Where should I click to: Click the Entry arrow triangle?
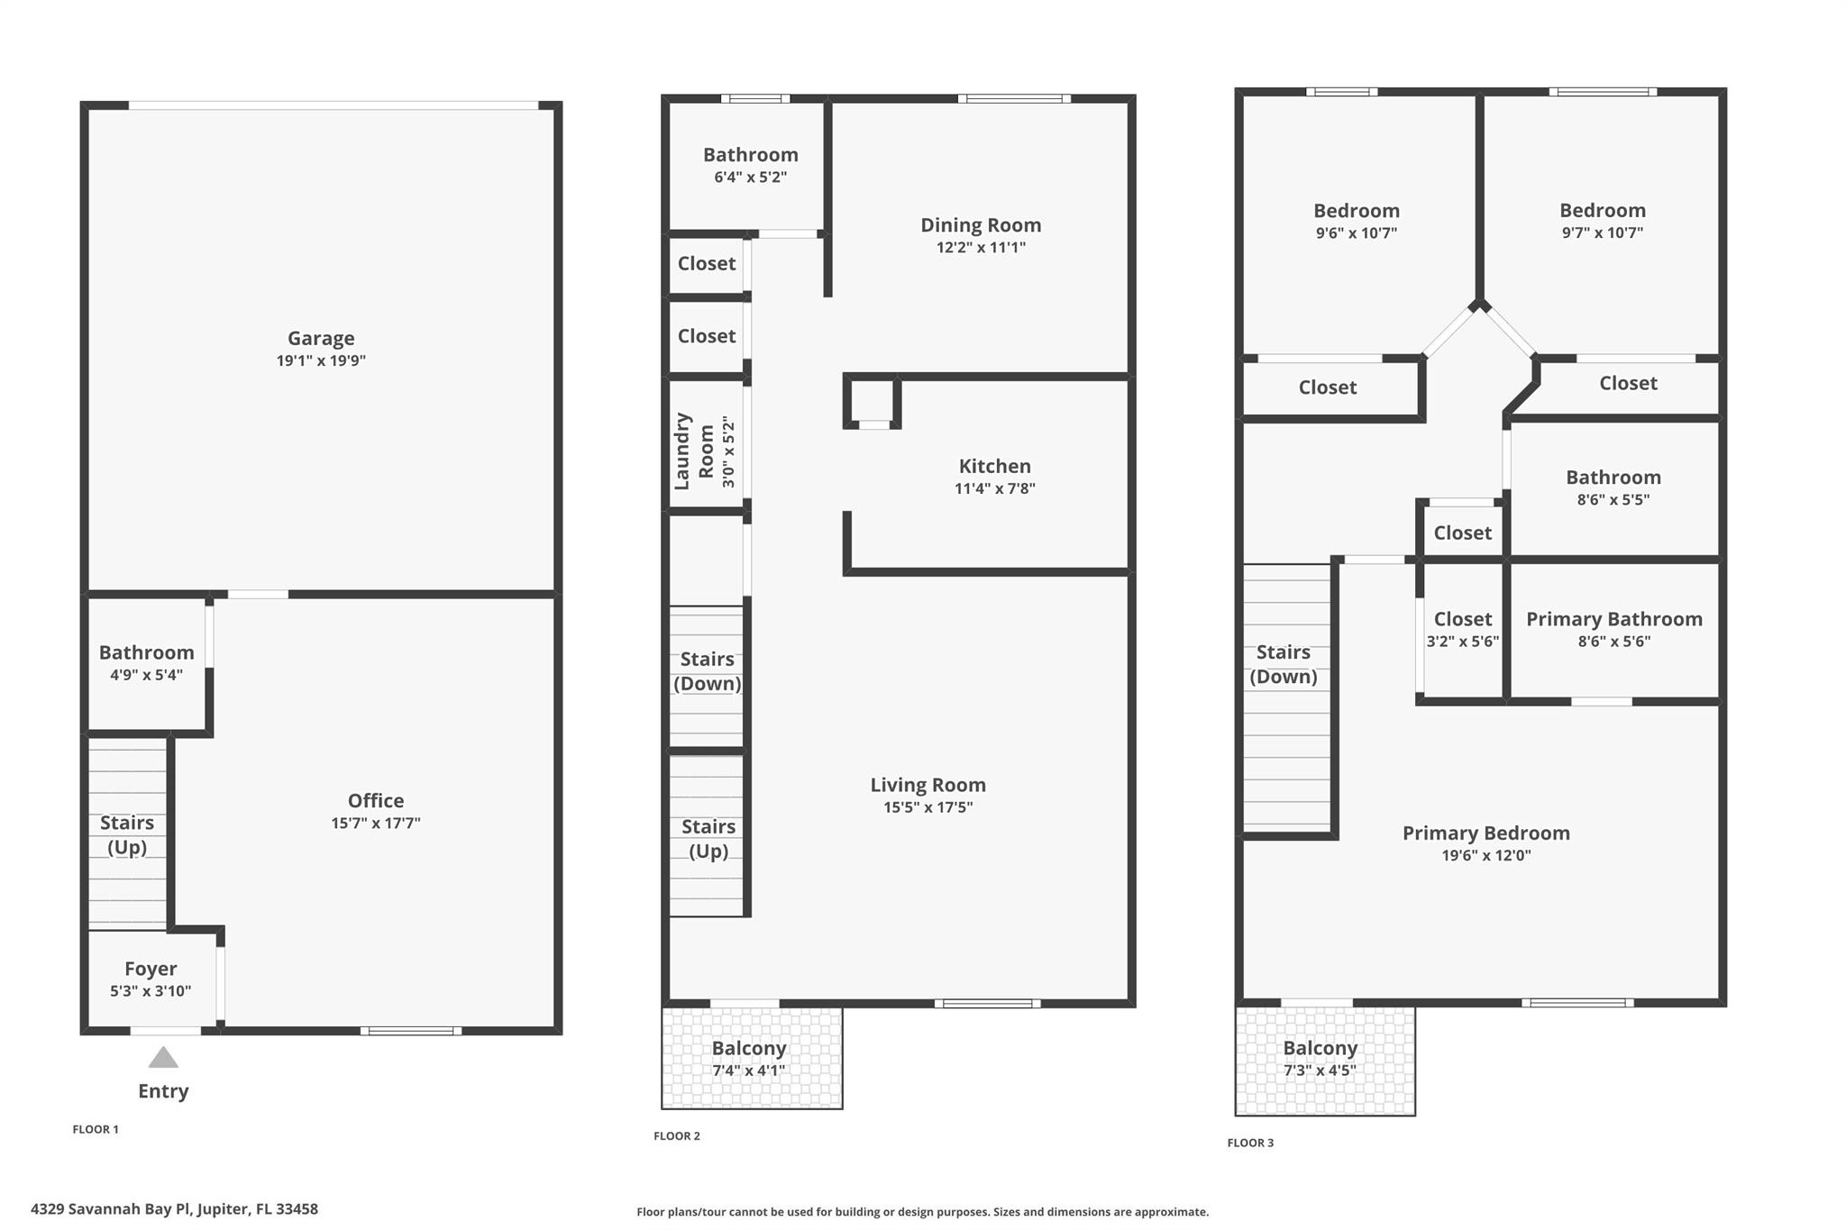pos(163,1057)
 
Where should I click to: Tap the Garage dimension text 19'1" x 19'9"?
pos(321,361)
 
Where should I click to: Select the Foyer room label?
pos(151,969)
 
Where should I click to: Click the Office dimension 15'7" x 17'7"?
pos(375,824)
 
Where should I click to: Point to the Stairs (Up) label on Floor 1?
pos(127,834)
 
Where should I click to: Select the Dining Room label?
pos(980,225)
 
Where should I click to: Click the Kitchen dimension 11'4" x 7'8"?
pos(994,489)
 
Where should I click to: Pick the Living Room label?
pos(928,785)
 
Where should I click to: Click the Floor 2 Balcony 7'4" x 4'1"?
pos(748,1059)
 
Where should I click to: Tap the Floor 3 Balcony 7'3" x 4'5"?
pos(1320,1059)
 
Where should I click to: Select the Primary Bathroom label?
pos(1613,619)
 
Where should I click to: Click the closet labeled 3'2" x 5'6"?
pos(1462,630)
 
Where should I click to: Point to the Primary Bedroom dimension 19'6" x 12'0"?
pos(1485,856)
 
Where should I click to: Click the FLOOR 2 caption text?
pos(676,1135)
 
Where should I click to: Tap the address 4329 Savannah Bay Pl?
pos(174,1209)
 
